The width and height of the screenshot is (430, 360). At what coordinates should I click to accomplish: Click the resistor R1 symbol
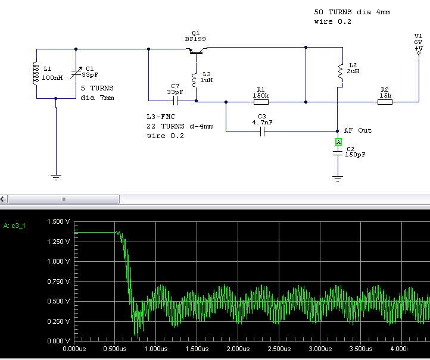click(x=260, y=102)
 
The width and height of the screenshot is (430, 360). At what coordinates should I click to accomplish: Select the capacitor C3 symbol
click(x=261, y=131)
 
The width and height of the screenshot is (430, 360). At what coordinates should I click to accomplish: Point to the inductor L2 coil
click(x=339, y=70)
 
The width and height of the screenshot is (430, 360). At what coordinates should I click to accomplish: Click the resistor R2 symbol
click(x=385, y=102)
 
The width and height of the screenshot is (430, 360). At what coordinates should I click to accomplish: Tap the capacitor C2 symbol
click(x=338, y=153)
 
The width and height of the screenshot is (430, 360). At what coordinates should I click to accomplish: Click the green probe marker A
click(x=338, y=142)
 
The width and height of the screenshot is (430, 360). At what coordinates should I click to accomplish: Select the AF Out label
click(x=358, y=130)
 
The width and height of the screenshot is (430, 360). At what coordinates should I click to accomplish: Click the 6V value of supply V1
click(x=418, y=42)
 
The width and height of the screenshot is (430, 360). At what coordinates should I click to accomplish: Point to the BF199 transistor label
click(x=195, y=39)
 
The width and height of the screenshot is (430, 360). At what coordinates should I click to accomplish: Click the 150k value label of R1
click(x=260, y=95)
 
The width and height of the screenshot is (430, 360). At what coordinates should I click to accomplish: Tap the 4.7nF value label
click(x=262, y=122)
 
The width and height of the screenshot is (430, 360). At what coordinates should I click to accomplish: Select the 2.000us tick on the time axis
click(x=237, y=349)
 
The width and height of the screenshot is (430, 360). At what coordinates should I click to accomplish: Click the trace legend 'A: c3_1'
click(x=15, y=226)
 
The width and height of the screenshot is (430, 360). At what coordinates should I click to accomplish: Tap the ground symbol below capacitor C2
click(x=338, y=177)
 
